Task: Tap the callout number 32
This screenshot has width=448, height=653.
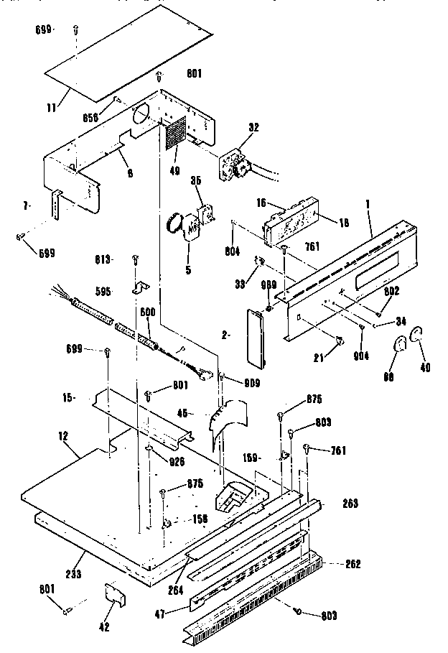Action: coord(253,126)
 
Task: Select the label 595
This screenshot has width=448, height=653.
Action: coord(103,292)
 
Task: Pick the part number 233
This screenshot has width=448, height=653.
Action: coord(73,573)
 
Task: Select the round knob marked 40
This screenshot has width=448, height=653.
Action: coord(416,335)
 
